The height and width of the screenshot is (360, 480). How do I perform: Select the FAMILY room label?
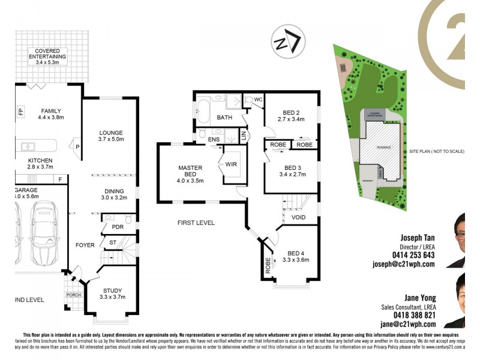click(51, 114)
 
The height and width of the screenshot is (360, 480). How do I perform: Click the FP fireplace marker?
click(20, 112)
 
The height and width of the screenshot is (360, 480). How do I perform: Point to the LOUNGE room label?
click(112, 136)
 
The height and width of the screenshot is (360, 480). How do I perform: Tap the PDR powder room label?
click(110, 227)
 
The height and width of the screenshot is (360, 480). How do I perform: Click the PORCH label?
click(74, 295)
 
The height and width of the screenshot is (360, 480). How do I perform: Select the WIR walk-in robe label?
click(232, 164)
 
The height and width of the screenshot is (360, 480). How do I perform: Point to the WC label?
click(258, 100)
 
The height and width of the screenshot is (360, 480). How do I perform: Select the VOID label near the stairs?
click(298, 217)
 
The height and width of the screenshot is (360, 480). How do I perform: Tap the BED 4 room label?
click(297, 257)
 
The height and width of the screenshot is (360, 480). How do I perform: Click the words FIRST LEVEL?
click(196, 223)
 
